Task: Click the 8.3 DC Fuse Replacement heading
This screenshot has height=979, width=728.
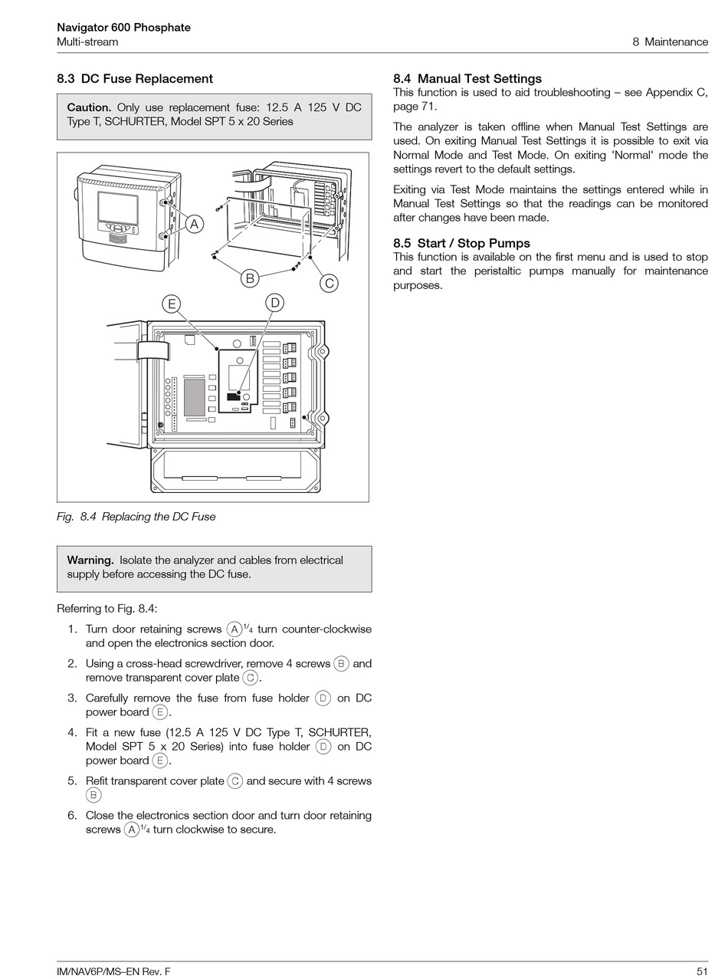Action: (135, 79)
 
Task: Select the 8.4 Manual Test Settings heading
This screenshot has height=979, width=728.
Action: (467, 79)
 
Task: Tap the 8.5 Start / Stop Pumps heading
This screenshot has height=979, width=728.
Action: (461, 244)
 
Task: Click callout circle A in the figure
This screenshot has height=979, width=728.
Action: (195, 224)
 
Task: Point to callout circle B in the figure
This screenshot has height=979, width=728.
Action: (249, 278)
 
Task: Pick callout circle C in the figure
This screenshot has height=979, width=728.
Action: (329, 283)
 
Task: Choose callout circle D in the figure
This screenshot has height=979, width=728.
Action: (274, 303)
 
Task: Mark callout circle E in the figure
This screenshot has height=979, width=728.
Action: (172, 304)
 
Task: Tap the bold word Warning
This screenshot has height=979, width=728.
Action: (90, 560)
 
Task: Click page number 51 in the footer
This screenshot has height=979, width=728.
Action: (702, 971)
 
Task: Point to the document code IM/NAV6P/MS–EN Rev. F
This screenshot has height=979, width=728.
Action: (113, 971)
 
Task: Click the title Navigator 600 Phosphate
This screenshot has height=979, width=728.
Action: (123, 28)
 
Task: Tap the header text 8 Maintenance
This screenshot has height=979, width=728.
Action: (670, 41)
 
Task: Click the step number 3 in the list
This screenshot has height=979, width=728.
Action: (72, 698)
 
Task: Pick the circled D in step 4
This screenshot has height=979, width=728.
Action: (323, 746)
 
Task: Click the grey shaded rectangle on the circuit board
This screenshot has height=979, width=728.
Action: (194, 397)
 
